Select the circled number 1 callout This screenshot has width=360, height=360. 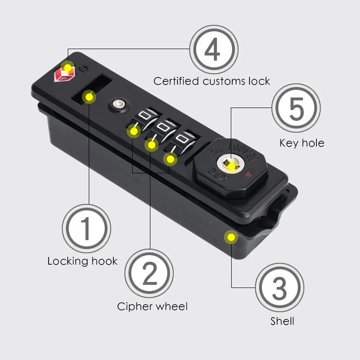pos(86,229)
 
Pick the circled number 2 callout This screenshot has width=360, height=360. pos(149,273)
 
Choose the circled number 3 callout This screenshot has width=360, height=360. pos(280,287)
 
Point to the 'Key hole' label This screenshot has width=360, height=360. pos(302,143)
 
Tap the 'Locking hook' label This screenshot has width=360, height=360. pos(82,261)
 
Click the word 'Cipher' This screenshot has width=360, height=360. pos(135,307)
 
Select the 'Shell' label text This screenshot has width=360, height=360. pos(282,321)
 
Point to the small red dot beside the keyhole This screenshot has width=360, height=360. pos(248,175)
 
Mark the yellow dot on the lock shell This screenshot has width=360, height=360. pos(231,237)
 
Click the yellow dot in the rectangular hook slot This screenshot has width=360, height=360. pos(89,97)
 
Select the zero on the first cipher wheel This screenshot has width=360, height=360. pos(144,116)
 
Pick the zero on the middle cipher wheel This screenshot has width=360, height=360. pos(163,127)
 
